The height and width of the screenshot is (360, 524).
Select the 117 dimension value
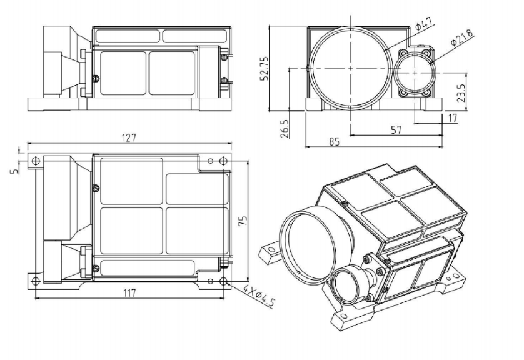pyautogui.click(x=130, y=292)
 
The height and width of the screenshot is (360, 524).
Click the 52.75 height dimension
pyautogui.click(x=265, y=67)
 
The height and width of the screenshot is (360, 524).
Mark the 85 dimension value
pyautogui.click(x=334, y=142)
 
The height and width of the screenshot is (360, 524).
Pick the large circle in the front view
pyautogui.click(x=350, y=67)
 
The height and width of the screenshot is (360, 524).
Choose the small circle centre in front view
pyautogui.click(x=415, y=72)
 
